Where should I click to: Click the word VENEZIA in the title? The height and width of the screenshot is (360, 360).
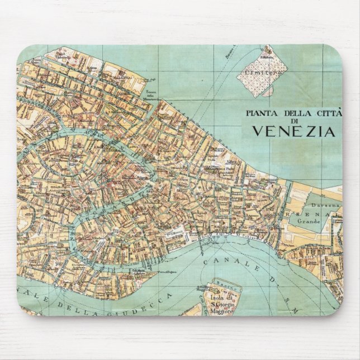click(x=294, y=131)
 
